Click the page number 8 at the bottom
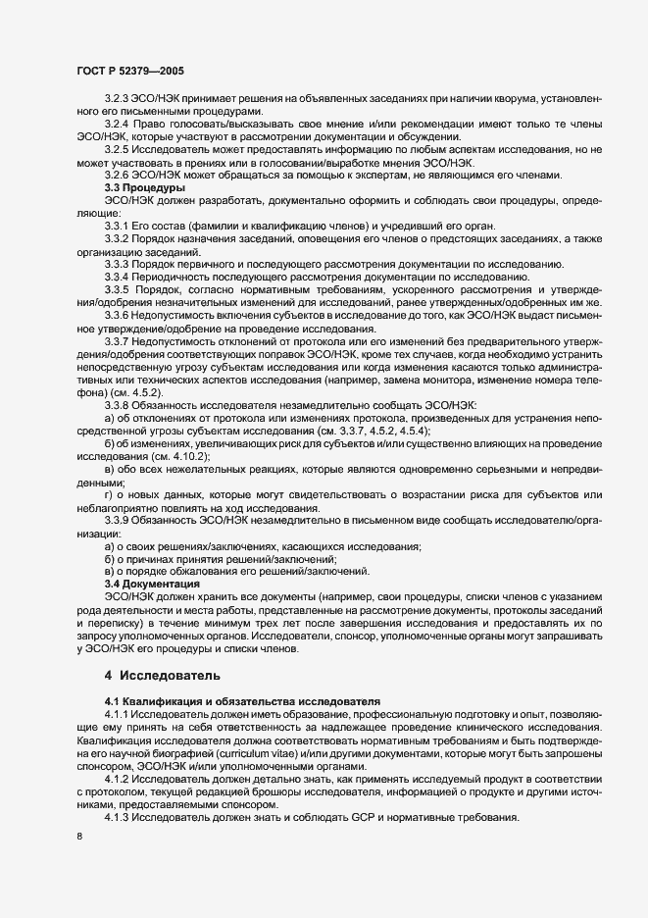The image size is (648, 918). [78, 835]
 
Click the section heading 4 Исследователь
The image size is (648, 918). [162, 676]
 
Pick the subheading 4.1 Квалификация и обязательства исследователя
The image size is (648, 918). [241, 703]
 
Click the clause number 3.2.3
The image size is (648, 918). [117, 99]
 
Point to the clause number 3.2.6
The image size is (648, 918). [117, 175]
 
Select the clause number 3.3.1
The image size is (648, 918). [117, 225]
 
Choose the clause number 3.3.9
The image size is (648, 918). [117, 519]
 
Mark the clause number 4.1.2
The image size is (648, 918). [117, 779]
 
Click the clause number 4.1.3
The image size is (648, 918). [117, 817]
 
